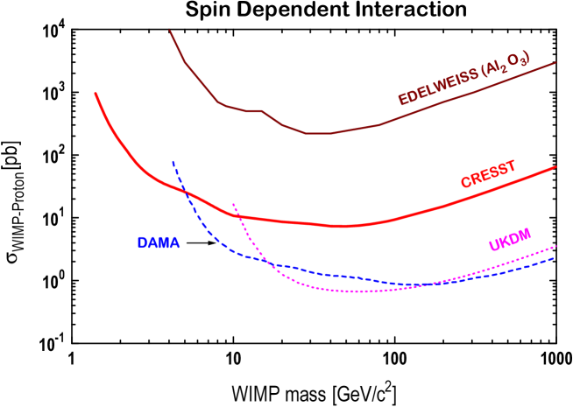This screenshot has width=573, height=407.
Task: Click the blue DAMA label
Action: click(159, 242)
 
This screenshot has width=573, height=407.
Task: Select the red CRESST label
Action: click(488, 174)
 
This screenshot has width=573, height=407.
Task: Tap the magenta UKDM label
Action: click(510, 239)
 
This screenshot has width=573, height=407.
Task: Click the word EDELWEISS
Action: click(438, 85)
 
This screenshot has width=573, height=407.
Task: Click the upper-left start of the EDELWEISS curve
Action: click(170, 32)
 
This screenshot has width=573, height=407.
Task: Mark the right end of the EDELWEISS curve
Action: click(555, 62)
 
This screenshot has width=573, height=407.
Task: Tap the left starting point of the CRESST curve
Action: click(95, 94)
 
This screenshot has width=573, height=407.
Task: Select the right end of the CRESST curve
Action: click(555, 167)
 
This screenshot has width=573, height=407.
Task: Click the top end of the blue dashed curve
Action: click(173, 162)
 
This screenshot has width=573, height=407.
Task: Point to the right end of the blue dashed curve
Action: click(554, 258)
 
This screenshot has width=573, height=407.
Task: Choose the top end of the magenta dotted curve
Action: click(233, 204)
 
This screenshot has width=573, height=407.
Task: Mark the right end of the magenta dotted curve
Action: click(555, 246)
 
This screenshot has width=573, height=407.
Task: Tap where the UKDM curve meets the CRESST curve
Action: click(238, 216)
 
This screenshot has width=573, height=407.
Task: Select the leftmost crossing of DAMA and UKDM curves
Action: click(267, 260)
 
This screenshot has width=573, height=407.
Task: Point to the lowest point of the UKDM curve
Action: click(355, 291)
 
